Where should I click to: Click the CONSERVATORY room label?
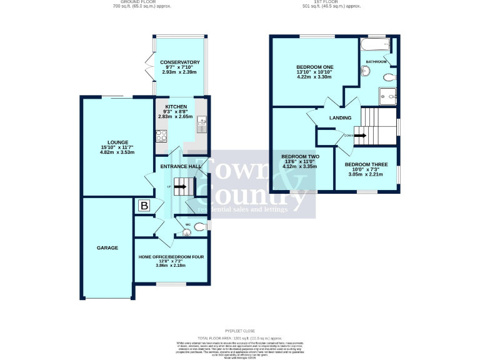[x=179, y=62]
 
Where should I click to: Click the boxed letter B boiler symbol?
[x=144, y=206]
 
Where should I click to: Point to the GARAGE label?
[x=107, y=248]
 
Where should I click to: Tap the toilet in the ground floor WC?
[x=199, y=227]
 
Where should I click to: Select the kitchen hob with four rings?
[x=160, y=135]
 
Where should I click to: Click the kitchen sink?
[x=202, y=122]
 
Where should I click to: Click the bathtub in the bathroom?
[x=375, y=45]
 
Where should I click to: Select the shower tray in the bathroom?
[x=387, y=96]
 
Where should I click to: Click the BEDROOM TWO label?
[x=301, y=156]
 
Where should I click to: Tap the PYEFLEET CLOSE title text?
[x=240, y=331]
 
